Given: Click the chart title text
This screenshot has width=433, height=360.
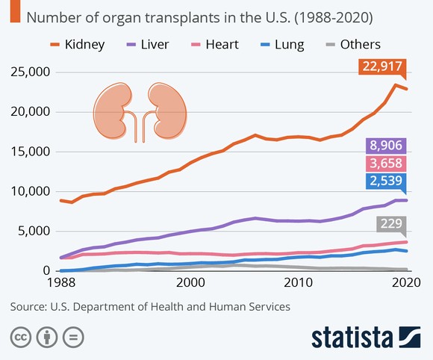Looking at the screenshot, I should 200,16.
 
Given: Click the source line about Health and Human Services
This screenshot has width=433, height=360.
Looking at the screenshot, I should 149,305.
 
